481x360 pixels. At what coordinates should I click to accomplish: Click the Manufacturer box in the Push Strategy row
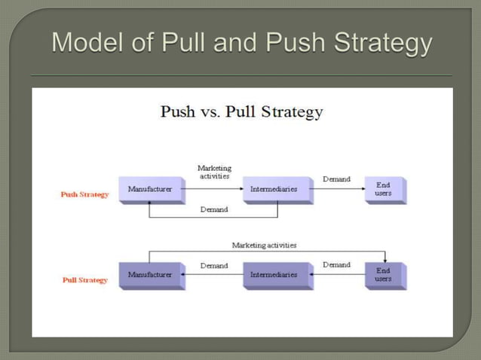point(150,189)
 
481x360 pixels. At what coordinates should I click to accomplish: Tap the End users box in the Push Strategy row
point(384,189)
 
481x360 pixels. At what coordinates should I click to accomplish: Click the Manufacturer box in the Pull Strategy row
point(150,275)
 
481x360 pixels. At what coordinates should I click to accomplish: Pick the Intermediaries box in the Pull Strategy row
point(277,275)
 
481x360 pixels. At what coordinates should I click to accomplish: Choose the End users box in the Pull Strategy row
point(384,275)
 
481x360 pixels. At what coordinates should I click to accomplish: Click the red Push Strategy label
point(84,194)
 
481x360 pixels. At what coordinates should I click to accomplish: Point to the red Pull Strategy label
point(84,280)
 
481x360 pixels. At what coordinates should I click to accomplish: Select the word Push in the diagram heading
point(178,112)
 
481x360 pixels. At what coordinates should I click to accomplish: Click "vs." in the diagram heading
point(212,113)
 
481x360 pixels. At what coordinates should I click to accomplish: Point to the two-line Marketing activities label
point(214,172)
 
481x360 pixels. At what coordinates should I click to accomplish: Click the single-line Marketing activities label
point(264,246)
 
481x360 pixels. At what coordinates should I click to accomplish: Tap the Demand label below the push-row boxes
point(214,210)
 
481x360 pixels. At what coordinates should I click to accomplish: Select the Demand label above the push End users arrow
point(336,179)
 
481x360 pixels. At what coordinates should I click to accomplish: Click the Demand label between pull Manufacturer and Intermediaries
point(214,265)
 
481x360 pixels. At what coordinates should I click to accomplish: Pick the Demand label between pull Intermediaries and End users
point(336,265)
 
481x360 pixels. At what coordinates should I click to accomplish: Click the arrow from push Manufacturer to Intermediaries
point(214,189)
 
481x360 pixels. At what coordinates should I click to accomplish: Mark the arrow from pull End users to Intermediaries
point(339,276)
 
